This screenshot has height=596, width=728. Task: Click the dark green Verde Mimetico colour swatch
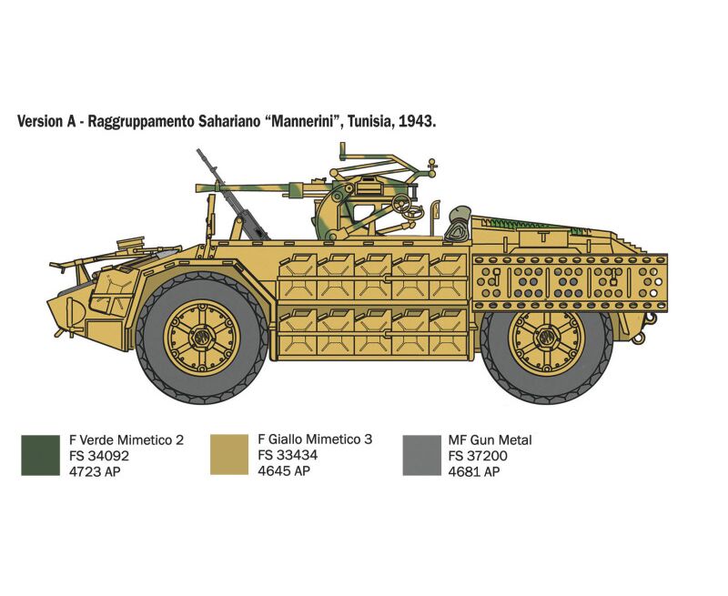pos(40,455)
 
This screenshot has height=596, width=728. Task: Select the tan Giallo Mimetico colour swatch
pos(229,454)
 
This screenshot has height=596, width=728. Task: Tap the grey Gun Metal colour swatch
pos(421,455)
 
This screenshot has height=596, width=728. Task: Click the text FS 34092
pos(99,456)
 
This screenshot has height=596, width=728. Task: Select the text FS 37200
pos(478,456)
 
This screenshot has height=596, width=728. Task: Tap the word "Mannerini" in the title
pos(301,121)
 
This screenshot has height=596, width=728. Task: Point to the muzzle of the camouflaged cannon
pos(198,188)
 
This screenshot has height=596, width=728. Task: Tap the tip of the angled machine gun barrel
pos(198,150)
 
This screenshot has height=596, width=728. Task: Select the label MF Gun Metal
pos(490,440)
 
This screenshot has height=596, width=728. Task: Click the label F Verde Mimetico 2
pos(126,440)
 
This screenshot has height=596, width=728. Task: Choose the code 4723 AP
pos(95,471)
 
